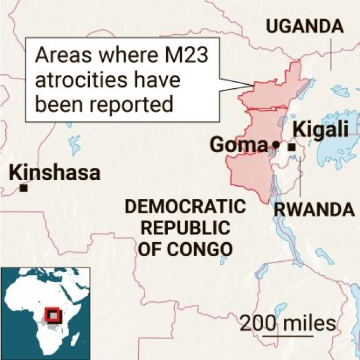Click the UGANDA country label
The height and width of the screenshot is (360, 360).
[x=304, y=26]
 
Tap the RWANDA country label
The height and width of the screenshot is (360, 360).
[x=314, y=209]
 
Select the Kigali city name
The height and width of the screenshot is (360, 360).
[x=321, y=129]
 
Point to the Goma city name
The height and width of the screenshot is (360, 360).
[x=238, y=145]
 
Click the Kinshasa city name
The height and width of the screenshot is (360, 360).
[x=55, y=172]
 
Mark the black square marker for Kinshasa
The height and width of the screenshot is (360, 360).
[x=24, y=188]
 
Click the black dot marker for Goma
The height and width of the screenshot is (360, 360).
[x=276, y=145]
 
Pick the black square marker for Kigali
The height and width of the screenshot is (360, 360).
[x=292, y=148]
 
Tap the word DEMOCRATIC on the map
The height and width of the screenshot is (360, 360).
[x=185, y=207]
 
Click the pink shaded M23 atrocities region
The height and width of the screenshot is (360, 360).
[x=250, y=168]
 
